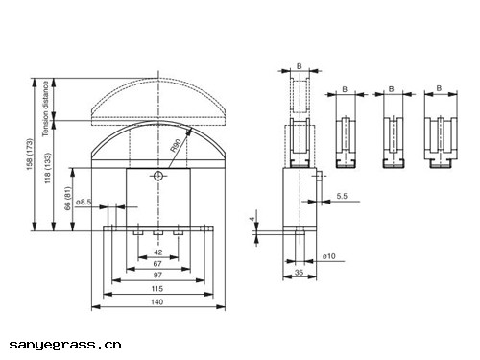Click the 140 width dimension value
tap(156, 301)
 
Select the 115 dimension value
tap(157, 289)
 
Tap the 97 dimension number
tap(157, 275)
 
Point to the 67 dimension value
tap(157, 264)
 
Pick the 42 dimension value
tap(158, 252)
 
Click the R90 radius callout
tap(176, 145)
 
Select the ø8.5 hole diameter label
tap(84, 202)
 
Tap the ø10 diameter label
tap(329, 256)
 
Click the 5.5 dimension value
tap(342, 196)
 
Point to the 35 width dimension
tap(299, 273)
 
